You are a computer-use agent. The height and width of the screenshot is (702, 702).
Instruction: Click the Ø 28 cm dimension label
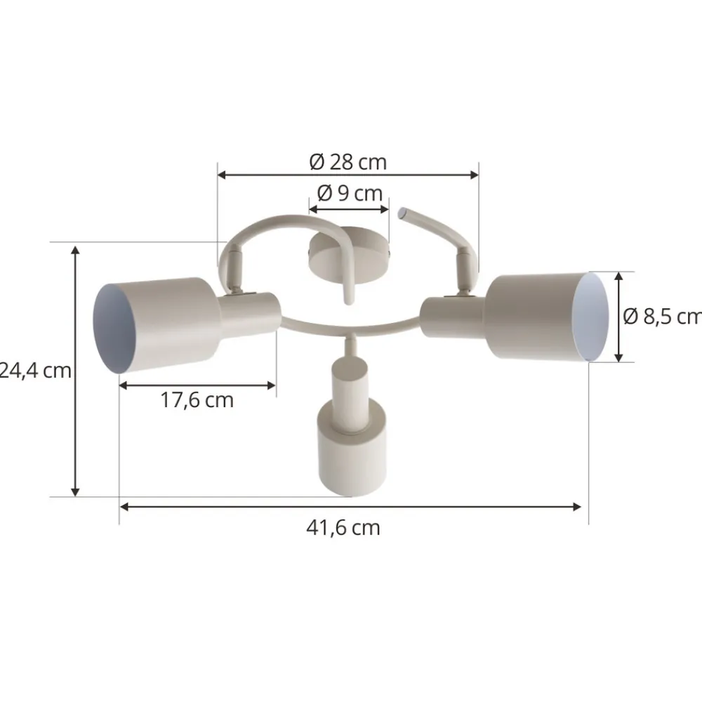pos(348,162)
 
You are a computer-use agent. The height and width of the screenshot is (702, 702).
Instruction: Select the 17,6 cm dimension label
pos(197,401)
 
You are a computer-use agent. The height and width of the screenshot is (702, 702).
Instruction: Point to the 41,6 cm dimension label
pos(343,528)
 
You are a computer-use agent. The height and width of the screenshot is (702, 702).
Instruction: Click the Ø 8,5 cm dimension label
pos(662,317)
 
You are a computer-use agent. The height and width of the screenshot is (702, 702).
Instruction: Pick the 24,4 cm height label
pos(35,370)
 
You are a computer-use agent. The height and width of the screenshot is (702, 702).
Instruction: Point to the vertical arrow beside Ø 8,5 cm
pos(618,317)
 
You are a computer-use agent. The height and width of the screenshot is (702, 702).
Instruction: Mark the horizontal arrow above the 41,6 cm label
pos(350,505)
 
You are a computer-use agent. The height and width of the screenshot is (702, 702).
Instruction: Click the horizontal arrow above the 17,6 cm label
pos(197,384)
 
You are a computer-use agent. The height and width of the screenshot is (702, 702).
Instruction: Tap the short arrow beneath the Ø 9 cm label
pos(348,208)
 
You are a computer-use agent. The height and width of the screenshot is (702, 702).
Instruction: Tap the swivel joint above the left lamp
pos(231,270)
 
